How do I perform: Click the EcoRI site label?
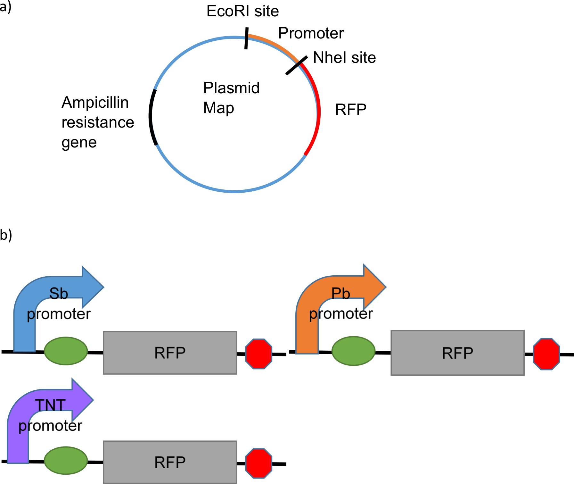[x=242, y=11]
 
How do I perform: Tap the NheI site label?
[x=344, y=58]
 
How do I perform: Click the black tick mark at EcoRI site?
[x=246, y=38]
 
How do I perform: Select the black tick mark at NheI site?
[x=297, y=65]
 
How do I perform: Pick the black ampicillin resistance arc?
[x=151, y=117]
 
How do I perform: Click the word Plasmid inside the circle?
[x=231, y=88]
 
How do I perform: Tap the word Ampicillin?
[x=95, y=103]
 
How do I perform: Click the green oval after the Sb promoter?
[x=66, y=351]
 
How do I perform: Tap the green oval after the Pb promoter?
[x=353, y=351]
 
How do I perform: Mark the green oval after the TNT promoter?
[x=66, y=460]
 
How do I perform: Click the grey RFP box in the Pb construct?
[x=457, y=353]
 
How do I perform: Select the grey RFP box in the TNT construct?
[x=170, y=462]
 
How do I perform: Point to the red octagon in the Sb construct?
[x=258, y=354]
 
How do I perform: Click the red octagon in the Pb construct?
[x=546, y=354]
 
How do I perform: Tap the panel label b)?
[x=6, y=235]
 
